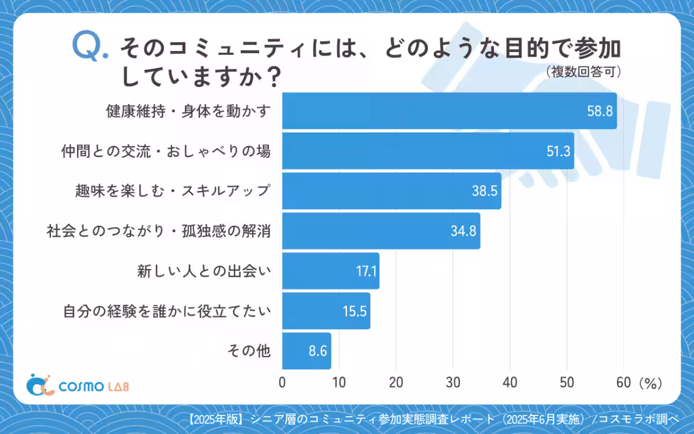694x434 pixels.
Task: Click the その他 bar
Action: click(307, 351)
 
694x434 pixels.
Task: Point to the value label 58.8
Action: click(600, 112)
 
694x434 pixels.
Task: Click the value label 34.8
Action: click(463, 231)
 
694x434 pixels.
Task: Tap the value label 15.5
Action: click(354, 311)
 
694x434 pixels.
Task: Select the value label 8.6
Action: click(318, 351)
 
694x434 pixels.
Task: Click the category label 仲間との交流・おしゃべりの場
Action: click(166, 152)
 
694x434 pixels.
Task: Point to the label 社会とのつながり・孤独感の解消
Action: click(158, 231)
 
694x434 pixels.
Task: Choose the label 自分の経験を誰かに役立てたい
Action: click(167, 311)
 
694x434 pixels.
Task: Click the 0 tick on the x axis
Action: click(282, 382)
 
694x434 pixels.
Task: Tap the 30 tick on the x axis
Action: click(453, 382)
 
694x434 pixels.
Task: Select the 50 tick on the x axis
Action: click(567, 382)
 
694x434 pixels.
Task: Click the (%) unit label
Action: click(649, 382)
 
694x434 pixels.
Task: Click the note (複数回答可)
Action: click(584, 72)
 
